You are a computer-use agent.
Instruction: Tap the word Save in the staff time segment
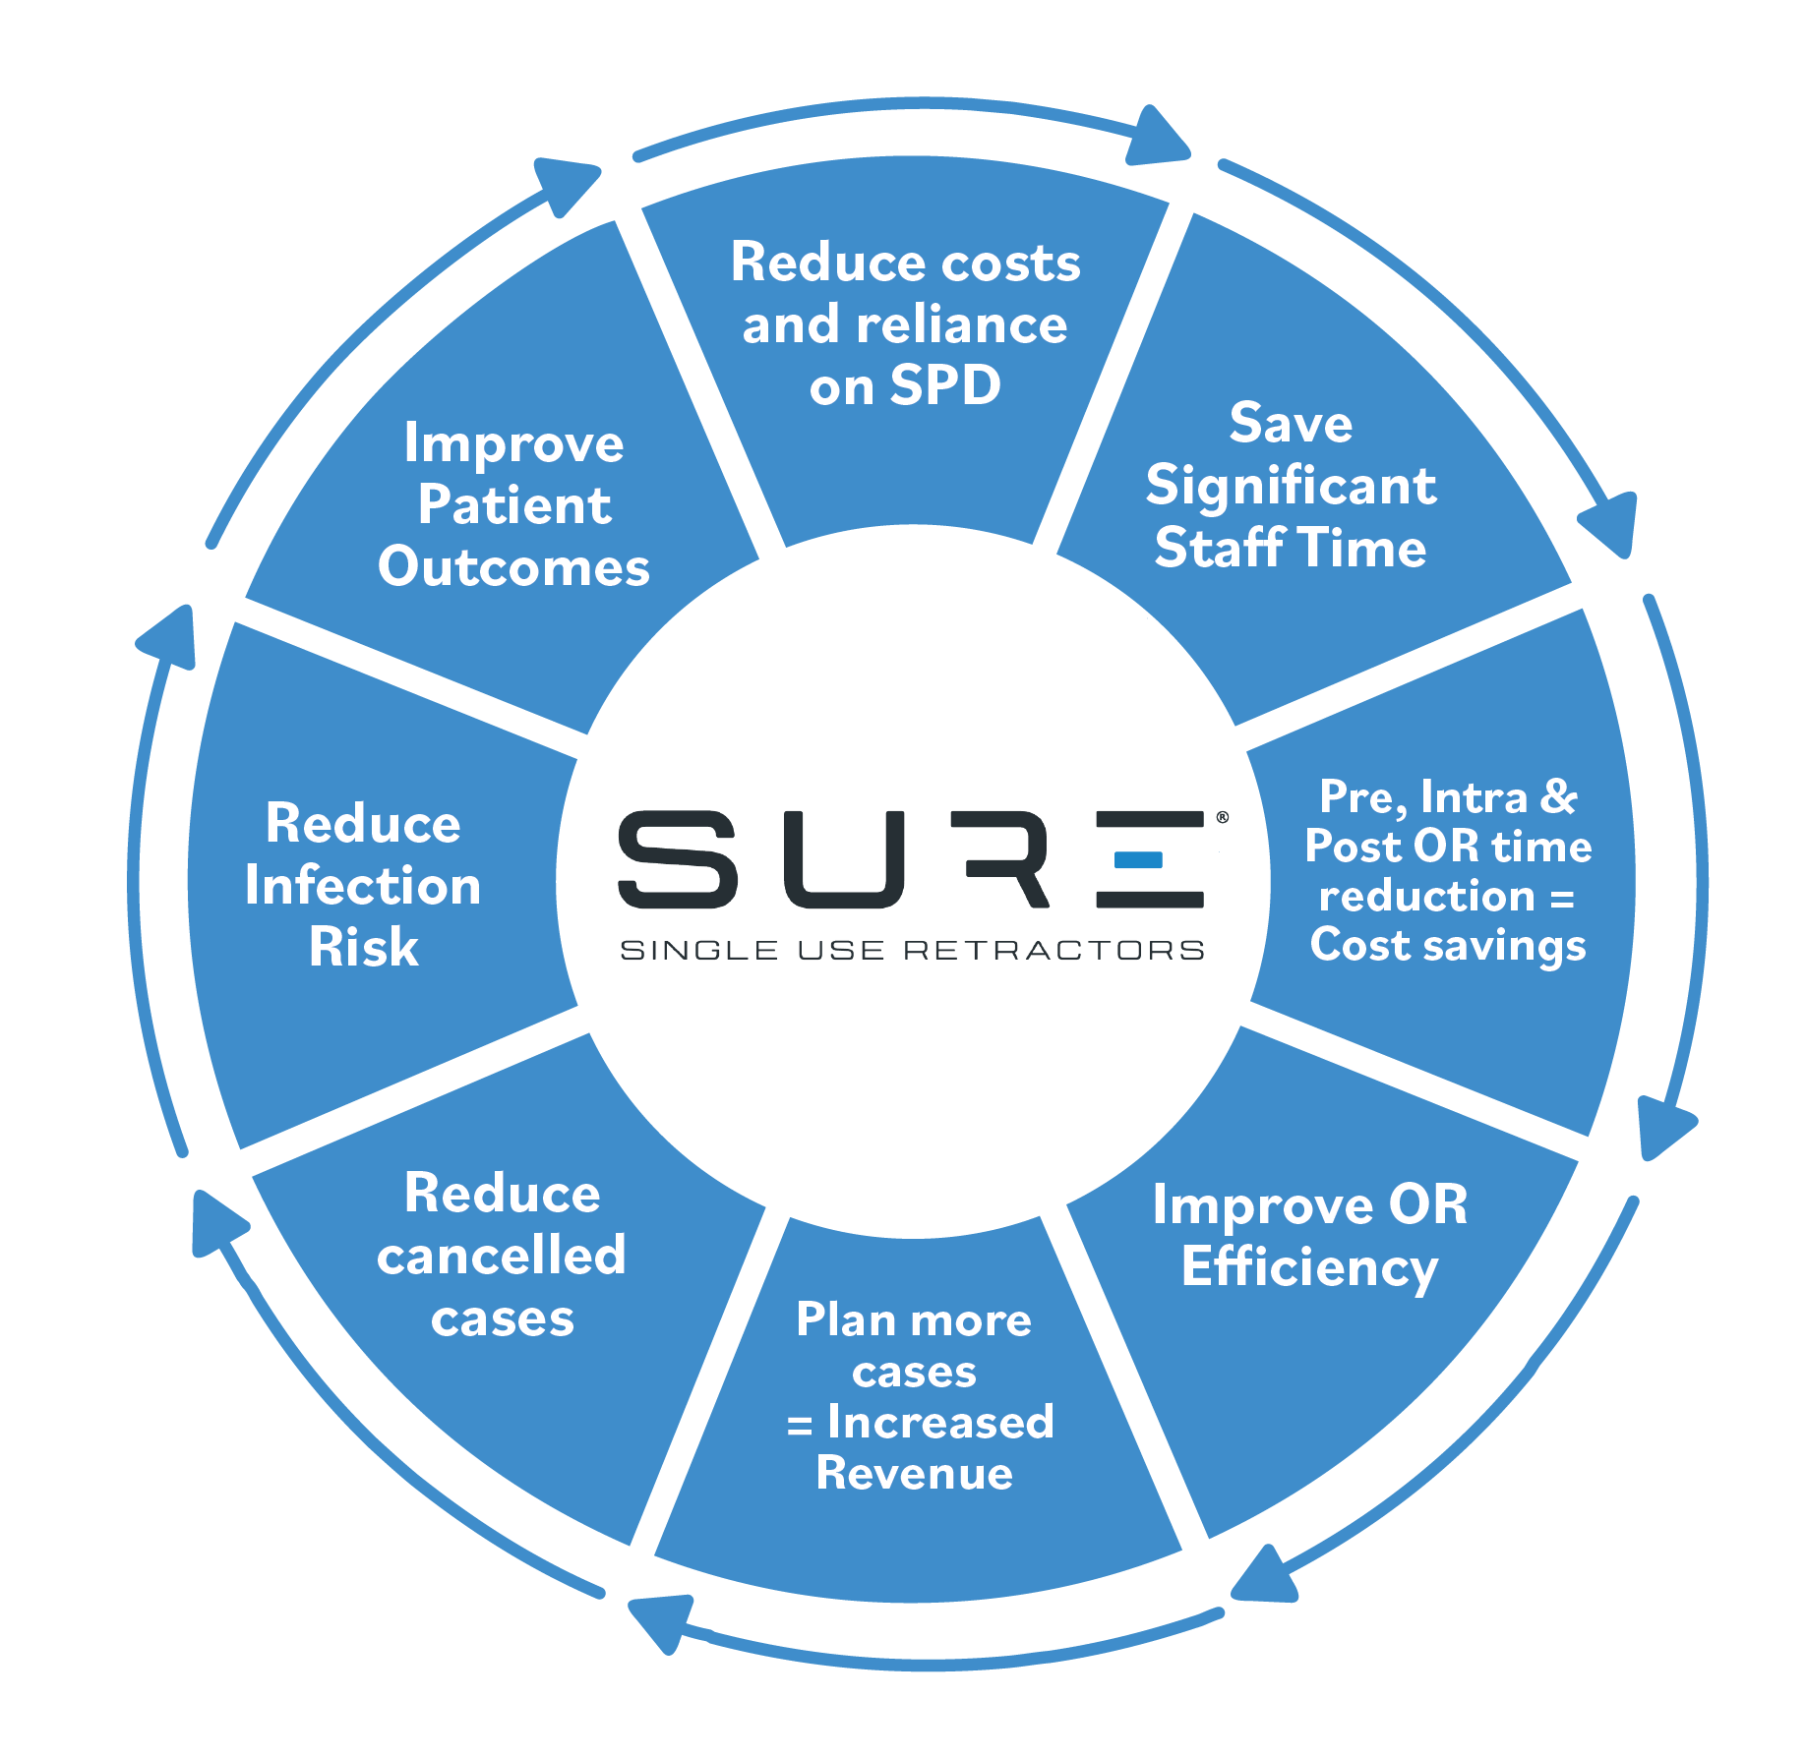coord(1291,423)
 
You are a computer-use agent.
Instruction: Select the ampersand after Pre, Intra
coord(1559,796)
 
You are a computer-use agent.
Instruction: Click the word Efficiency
coord(1309,1267)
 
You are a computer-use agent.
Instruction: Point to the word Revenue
coord(914,1473)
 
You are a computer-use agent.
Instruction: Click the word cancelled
coord(501,1256)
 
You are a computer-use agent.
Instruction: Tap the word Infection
coord(363,886)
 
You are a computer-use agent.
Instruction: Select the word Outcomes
coord(513,567)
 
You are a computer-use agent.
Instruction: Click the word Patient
coord(513,505)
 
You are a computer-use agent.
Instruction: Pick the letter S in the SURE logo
coord(678,858)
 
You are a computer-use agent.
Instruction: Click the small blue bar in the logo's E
coord(1138,860)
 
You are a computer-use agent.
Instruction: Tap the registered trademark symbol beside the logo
coord(1222,817)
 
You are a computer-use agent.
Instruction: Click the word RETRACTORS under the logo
coord(1053,950)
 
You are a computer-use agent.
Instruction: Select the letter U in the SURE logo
coord(844,858)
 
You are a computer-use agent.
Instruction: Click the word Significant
coord(1291,486)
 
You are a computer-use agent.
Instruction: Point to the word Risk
coord(363,948)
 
